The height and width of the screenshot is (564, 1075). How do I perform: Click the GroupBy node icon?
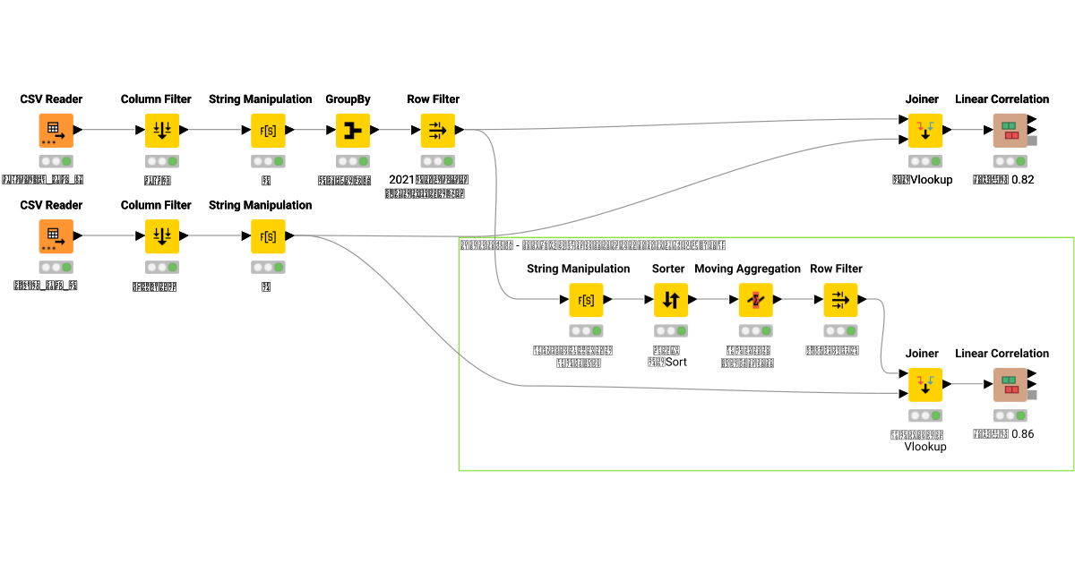tap(353, 131)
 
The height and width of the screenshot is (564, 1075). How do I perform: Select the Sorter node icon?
tap(670, 300)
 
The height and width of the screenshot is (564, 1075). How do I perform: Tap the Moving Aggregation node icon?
tap(755, 300)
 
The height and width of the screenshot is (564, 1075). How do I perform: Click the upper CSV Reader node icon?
tap(56, 131)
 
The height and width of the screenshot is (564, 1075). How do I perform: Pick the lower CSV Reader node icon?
tap(56, 236)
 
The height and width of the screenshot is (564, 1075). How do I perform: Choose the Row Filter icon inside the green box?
tap(840, 300)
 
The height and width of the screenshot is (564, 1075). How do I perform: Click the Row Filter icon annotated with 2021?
tap(437, 131)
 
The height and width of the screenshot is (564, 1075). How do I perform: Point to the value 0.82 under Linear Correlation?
tap(1022, 179)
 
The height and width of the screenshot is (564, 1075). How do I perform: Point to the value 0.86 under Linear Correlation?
tap(1022, 433)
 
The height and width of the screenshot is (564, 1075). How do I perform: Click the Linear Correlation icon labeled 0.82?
tap(1010, 131)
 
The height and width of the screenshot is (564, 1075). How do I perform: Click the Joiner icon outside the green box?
tap(924, 131)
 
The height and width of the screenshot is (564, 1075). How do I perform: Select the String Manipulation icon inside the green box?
tap(586, 300)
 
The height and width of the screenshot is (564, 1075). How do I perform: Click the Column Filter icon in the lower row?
tap(162, 236)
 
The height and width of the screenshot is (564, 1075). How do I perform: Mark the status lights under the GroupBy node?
tap(353, 162)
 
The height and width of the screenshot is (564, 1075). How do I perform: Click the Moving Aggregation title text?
tap(747, 269)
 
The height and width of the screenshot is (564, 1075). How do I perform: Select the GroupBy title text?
tap(348, 99)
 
